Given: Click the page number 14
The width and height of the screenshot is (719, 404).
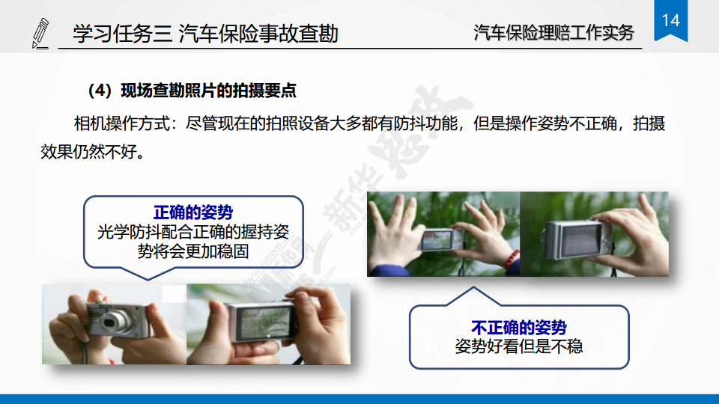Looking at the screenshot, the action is click(x=671, y=20).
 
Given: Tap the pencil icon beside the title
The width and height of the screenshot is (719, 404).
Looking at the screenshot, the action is click(x=40, y=34).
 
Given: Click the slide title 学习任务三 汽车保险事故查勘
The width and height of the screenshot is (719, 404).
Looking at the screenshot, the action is click(x=205, y=34).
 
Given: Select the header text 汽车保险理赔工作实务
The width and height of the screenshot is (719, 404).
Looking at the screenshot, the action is click(x=553, y=33).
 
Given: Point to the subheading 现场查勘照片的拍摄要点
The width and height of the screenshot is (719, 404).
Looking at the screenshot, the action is click(x=209, y=91).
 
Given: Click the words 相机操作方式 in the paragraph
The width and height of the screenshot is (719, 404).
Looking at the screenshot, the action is click(x=121, y=123).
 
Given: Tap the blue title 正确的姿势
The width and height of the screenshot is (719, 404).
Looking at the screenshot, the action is click(x=193, y=212).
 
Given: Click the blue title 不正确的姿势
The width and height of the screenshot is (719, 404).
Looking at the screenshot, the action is click(x=518, y=328).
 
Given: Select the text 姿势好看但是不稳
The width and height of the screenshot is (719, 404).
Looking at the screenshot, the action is click(x=518, y=346).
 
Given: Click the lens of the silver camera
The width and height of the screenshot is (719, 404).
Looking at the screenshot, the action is click(x=111, y=321).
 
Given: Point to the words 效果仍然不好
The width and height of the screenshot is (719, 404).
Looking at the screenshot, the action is click(x=89, y=152).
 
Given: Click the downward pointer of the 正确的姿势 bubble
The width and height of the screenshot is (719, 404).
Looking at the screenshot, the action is click(x=148, y=273).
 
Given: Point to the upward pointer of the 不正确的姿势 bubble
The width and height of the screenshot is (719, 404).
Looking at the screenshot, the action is click(x=473, y=296).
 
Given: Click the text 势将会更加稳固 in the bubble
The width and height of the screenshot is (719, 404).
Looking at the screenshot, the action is click(x=193, y=251).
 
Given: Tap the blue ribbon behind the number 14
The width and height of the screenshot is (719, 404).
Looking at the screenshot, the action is click(x=670, y=21).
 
